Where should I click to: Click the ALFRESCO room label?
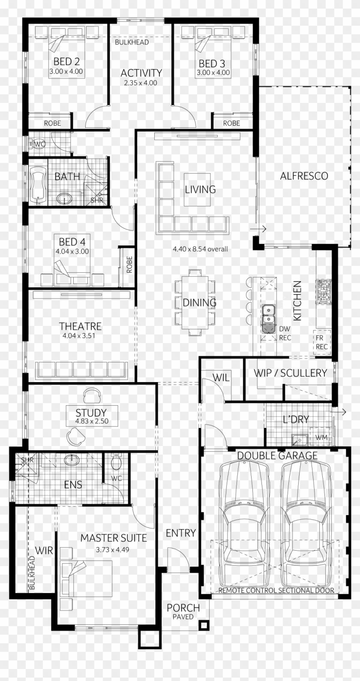(304, 176)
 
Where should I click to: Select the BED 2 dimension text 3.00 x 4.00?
(66, 72)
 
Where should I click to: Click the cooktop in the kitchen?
(323, 292)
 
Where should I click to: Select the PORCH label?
(183, 608)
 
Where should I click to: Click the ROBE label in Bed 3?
(231, 123)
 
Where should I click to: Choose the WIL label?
(221, 377)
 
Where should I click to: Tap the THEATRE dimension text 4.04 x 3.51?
(78, 336)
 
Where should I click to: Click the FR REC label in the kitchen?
(322, 342)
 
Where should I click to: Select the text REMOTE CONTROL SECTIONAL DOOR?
(276, 591)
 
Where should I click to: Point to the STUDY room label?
(91, 413)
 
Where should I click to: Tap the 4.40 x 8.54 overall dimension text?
(200, 249)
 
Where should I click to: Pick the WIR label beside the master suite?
(43, 550)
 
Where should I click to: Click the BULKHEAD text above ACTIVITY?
(132, 42)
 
